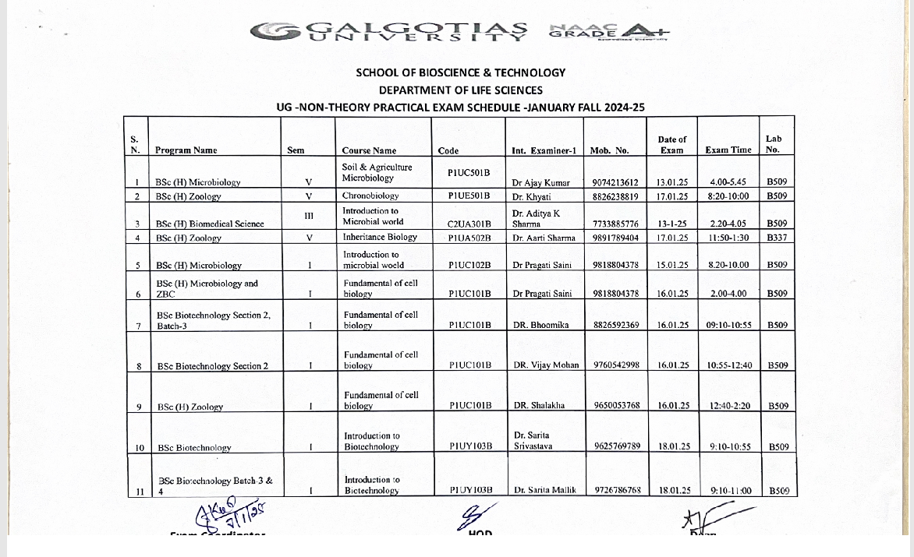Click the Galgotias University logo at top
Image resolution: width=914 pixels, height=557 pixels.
388,31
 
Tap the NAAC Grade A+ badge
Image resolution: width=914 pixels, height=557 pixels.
609,31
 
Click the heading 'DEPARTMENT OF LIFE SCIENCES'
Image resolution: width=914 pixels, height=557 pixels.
461,90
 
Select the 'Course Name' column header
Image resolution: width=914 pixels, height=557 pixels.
369,150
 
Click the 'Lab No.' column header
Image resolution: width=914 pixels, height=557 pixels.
774,144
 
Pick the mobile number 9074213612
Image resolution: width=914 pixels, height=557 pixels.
615,182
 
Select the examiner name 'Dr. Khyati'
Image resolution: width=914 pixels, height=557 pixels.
531,197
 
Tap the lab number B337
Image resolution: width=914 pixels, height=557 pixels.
776,238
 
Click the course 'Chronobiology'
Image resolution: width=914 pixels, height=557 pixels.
370,196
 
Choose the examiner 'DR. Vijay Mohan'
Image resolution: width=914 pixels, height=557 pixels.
546,365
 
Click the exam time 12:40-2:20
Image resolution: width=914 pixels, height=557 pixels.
729,406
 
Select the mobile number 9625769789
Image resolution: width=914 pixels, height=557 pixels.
617,446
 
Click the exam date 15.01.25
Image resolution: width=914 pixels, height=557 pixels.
672,265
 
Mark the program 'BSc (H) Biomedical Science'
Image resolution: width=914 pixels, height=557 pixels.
210,224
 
